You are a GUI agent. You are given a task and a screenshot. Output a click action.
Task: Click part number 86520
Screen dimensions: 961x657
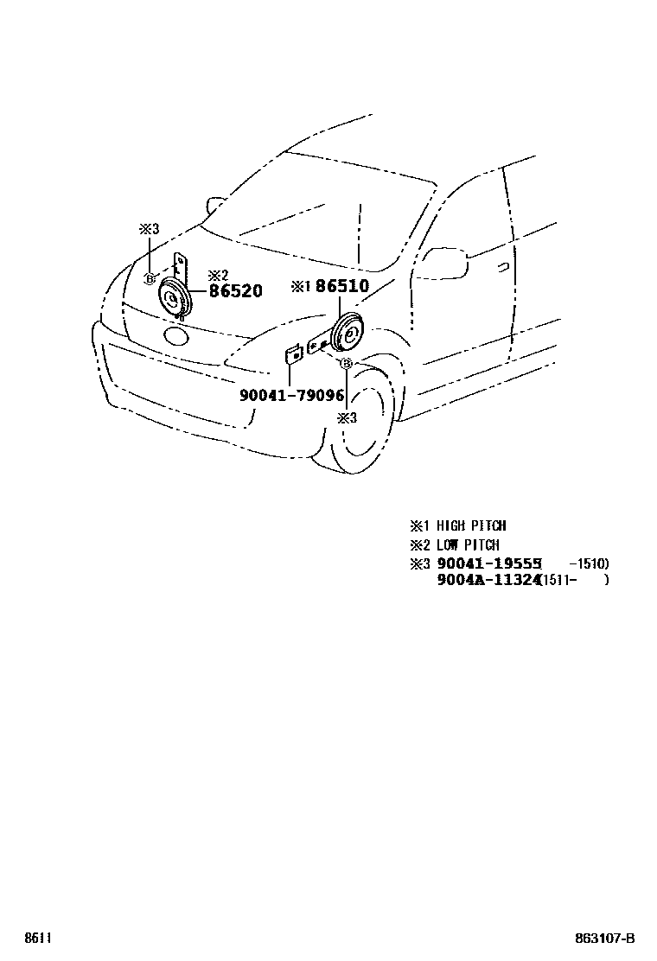235,292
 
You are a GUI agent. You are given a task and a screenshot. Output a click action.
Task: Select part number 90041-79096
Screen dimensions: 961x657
292,396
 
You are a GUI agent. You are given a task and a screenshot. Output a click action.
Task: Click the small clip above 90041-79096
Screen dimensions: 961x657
292,355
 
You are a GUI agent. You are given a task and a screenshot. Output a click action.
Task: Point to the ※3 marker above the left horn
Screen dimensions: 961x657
150,229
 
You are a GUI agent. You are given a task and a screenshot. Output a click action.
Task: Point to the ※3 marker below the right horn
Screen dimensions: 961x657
346,417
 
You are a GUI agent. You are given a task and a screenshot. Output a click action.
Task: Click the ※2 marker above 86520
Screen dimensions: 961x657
218,276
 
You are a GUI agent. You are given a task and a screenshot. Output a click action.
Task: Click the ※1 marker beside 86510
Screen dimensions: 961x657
300,286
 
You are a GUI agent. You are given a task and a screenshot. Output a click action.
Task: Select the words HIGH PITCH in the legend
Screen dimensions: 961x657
470,525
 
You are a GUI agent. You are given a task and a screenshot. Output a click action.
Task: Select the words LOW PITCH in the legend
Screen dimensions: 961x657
467,545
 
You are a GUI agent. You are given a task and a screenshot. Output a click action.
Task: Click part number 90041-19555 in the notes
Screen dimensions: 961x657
488,563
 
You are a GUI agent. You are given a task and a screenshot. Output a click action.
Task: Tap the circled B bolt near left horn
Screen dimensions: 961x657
150,278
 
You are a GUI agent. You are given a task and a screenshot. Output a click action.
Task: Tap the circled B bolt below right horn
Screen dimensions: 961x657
346,364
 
